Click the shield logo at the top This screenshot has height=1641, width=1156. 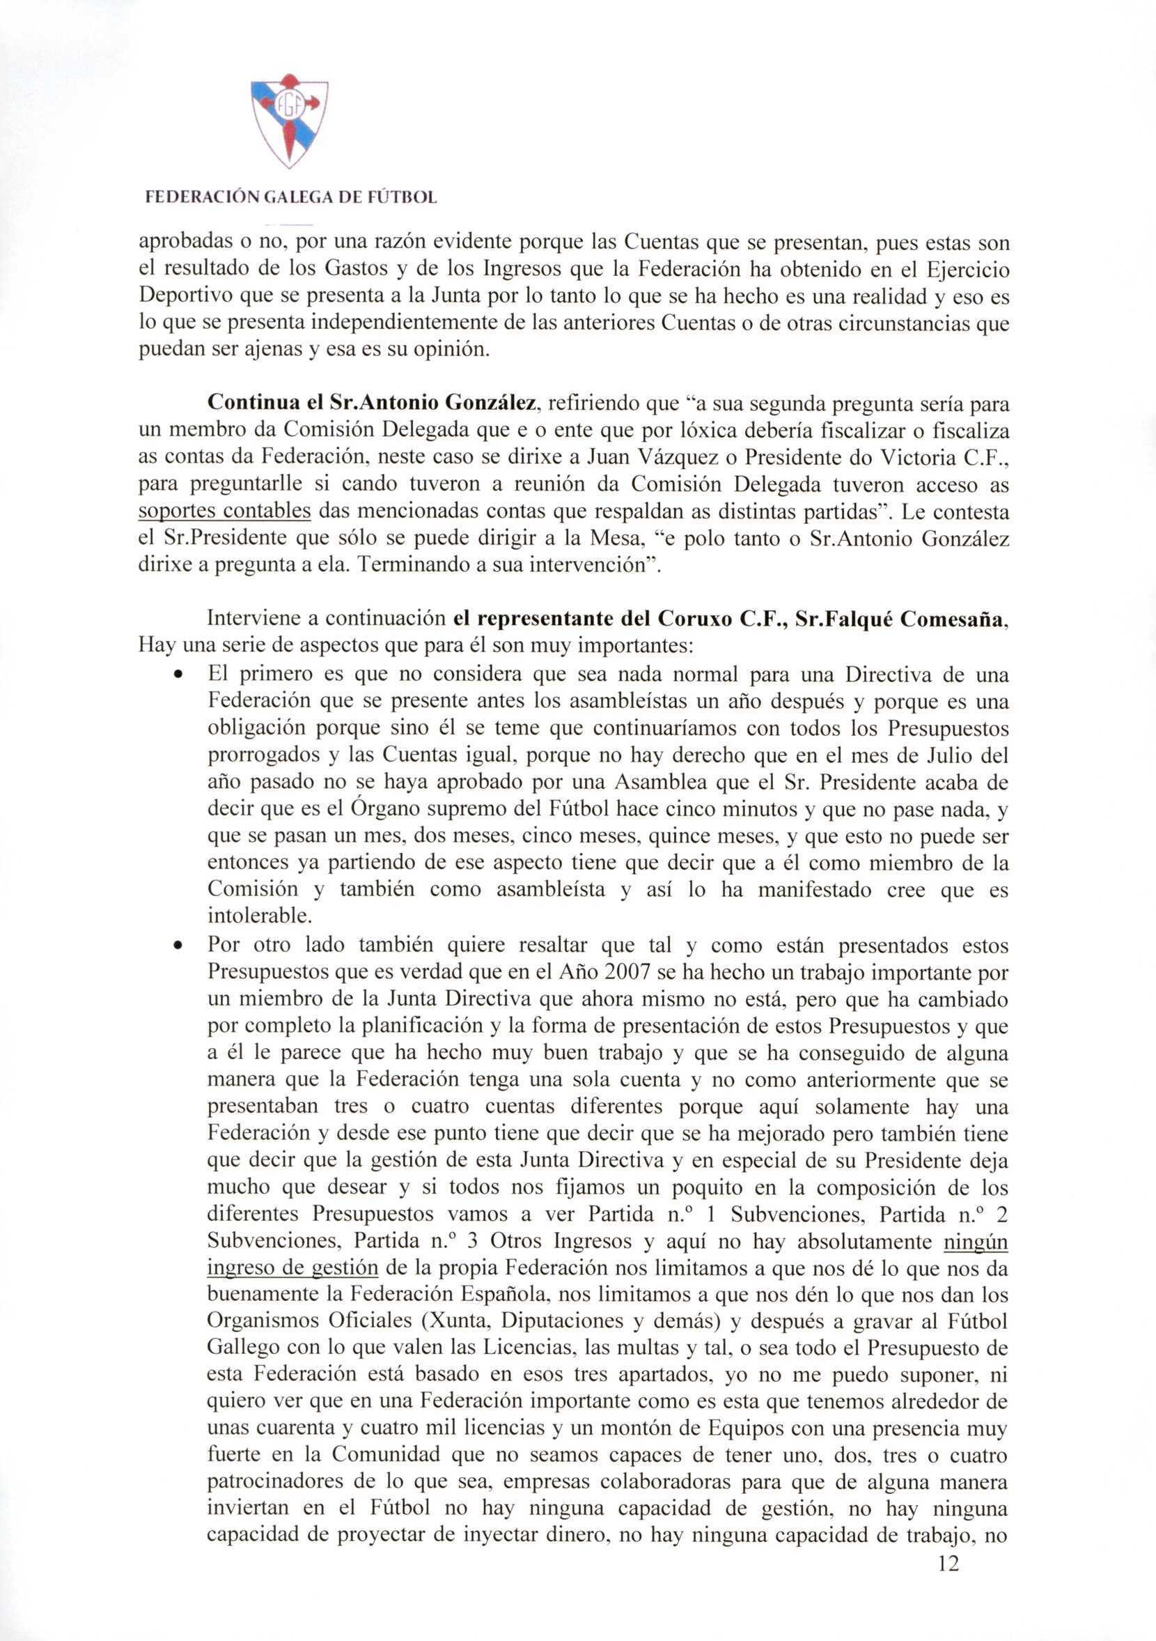[290, 121]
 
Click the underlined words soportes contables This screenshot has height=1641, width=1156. [224, 511]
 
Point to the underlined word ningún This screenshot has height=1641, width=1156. [975, 1242]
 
